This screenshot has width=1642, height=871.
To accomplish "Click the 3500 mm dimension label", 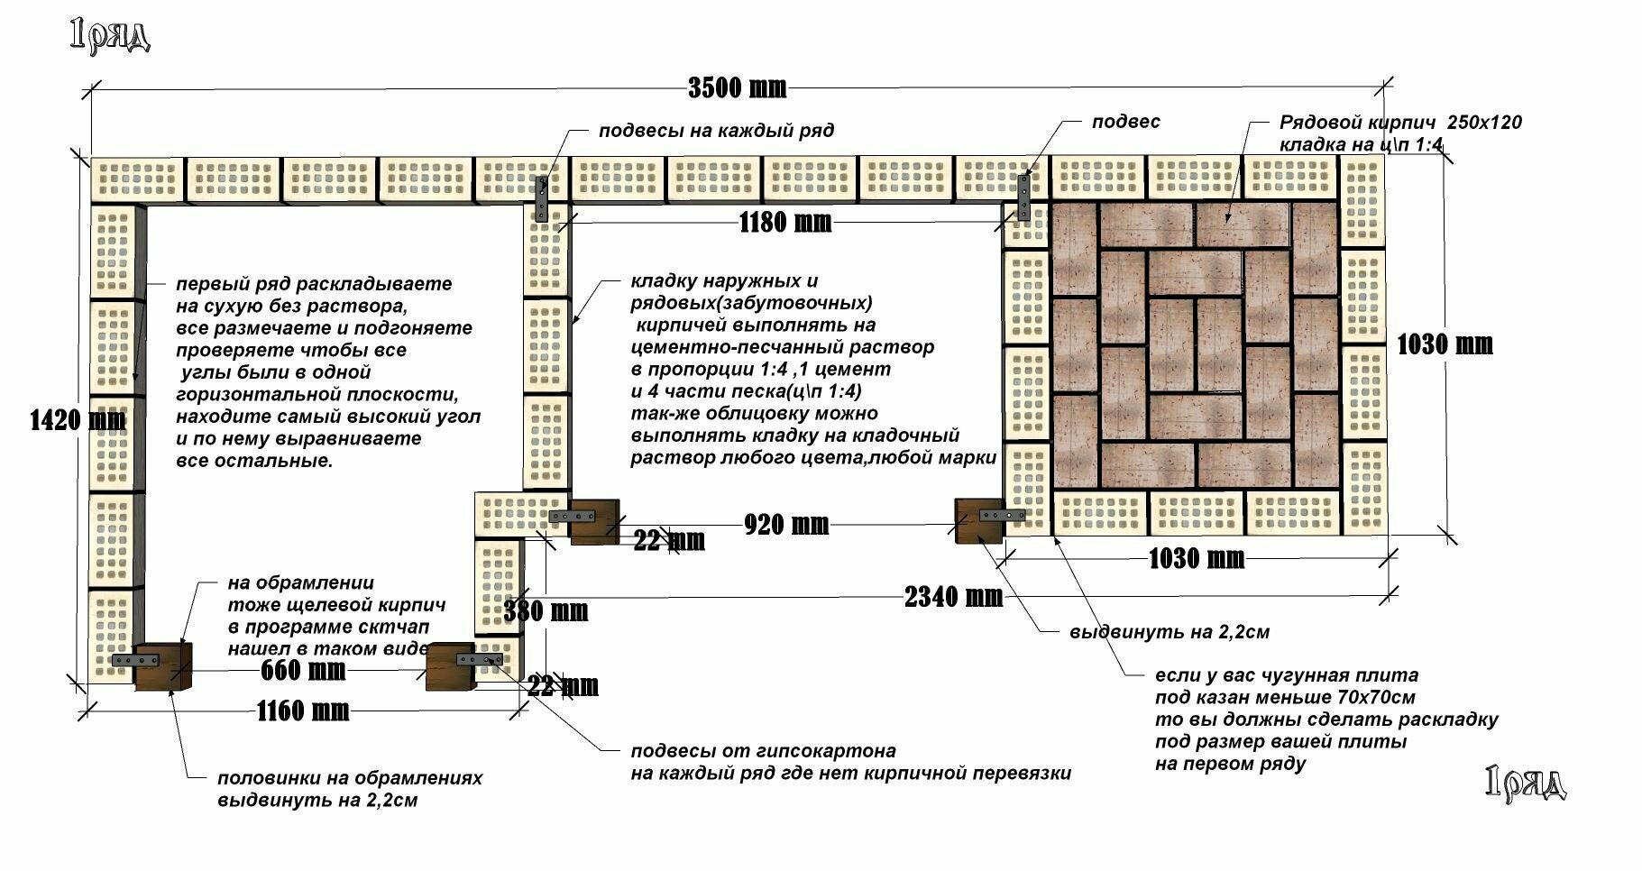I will point(737,87).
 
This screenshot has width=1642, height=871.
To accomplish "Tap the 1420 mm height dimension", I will point(78,419).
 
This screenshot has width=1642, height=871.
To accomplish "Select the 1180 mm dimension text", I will point(785,222).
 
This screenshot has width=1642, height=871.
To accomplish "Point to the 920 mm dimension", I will point(786,524).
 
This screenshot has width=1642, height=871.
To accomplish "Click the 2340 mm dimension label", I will point(953,596).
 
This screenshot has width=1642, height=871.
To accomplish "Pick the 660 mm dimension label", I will point(303,671).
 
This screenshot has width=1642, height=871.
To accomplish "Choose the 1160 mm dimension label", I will point(303,711).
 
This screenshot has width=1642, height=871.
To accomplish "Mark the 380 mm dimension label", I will point(546,611).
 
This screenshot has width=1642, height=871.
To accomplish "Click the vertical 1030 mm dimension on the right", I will point(1445,344).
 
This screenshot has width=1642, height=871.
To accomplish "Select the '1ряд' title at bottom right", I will point(1525,783).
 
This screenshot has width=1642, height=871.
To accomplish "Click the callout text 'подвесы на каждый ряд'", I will point(716,131).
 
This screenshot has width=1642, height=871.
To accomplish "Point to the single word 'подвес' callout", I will point(1125,122).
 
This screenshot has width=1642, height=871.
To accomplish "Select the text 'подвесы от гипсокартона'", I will point(763,751).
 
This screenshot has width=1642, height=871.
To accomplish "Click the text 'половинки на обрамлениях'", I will point(350,778).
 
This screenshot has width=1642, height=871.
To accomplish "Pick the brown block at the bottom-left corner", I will point(163,666).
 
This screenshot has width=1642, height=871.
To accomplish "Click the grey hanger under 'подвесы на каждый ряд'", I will point(541,198).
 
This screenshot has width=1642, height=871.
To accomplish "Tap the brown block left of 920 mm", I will point(594,520).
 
